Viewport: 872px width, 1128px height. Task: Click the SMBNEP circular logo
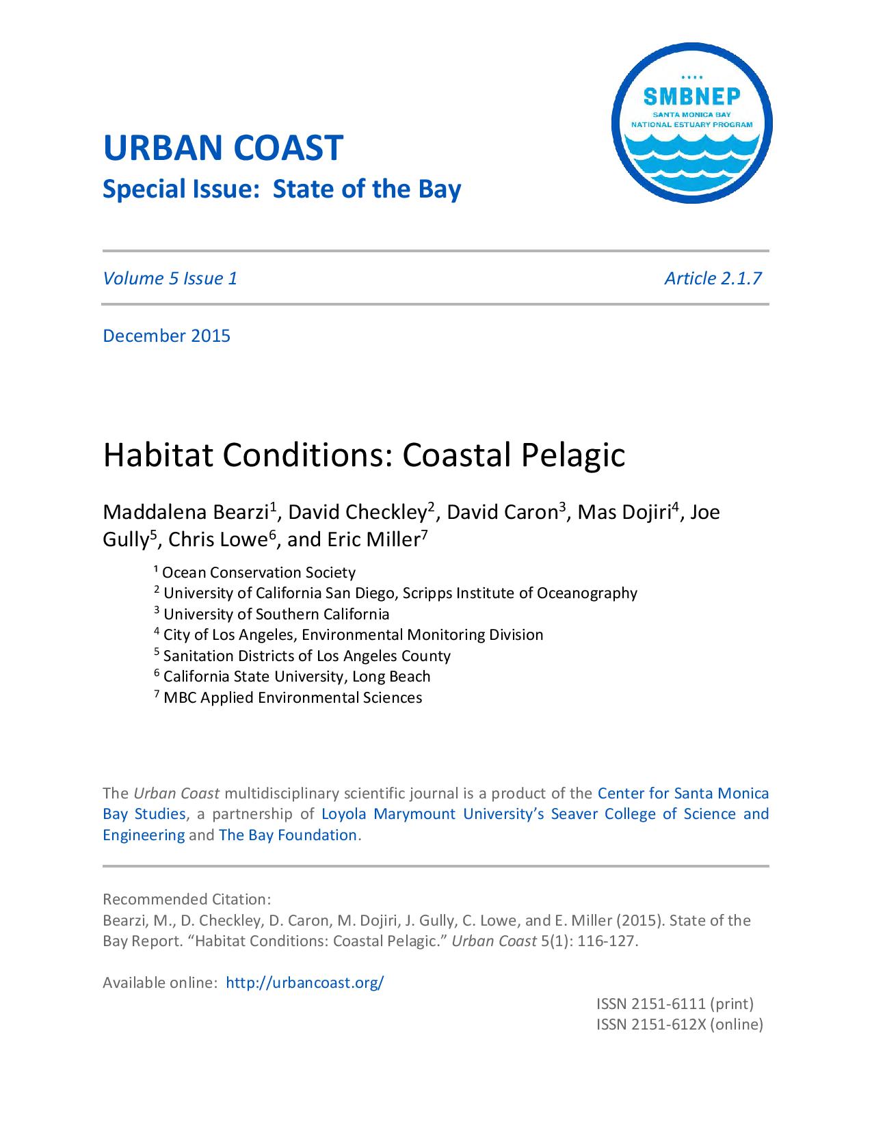tap(691, 124)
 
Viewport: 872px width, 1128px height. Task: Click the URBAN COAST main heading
tap(222, 148)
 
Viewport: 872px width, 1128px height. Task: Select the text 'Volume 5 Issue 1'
tap(170, 278)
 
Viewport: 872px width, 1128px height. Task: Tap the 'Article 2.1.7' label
tap(713, 278)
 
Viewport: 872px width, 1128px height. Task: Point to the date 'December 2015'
tap(166, 336)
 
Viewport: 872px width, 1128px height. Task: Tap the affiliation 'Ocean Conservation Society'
tap(259, 572)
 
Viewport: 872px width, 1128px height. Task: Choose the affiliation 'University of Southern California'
tap(276, 614)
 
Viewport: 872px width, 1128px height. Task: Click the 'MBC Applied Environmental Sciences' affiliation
tap(292, 697)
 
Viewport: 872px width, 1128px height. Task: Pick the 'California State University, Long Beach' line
tap(297, 676)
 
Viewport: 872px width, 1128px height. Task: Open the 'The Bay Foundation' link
tap(288, 835)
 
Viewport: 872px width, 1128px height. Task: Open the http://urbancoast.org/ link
tap(304, 982)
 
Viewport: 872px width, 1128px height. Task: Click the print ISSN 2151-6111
tap(674, 1004)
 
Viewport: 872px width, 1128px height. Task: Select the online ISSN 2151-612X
tap(679, 1024)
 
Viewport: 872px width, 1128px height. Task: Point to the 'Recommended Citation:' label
tap(187, 899)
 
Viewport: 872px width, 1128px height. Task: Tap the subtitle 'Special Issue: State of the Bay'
tap(282, 189)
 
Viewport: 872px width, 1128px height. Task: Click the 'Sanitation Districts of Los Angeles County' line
tap(306, 656)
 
